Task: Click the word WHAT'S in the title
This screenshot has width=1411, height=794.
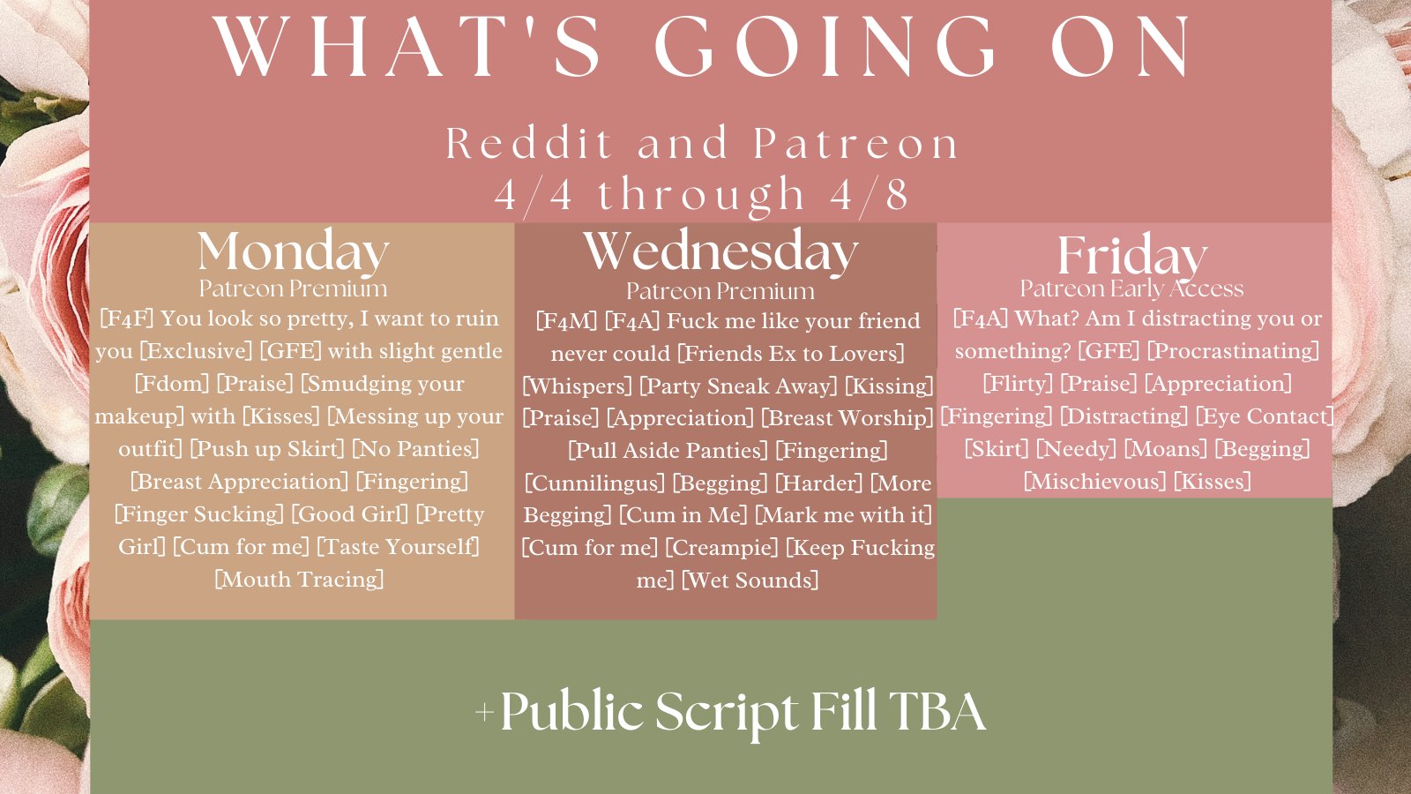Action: [x=407, y=48]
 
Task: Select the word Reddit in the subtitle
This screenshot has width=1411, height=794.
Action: [x=529, y=143]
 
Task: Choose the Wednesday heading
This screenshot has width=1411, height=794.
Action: [x=720, y=252]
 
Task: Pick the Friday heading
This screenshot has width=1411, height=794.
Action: [x=1132, y=255]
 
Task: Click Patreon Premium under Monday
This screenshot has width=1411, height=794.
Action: [x=294, y=288]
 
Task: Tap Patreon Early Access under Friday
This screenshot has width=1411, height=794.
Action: [x=1132, y=288]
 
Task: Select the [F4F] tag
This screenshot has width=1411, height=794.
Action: [x=127, y=318]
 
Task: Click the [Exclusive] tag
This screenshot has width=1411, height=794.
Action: [x=196, y=351]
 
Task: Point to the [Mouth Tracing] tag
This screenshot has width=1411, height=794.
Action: [x=299, y=580]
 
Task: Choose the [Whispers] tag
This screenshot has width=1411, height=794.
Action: [x=577, y=386]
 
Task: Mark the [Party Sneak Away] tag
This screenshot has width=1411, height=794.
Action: [x=738, y=386]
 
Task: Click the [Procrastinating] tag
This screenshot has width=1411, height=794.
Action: [x=1234, y=351]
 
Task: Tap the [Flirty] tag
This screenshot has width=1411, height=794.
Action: [x=1018, y=384]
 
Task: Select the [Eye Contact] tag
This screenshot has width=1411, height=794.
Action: [x=1265, y=416]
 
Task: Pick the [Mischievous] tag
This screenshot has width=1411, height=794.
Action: [x=1095, y=482]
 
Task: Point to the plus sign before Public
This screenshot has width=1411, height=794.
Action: [x=484, y=713]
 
